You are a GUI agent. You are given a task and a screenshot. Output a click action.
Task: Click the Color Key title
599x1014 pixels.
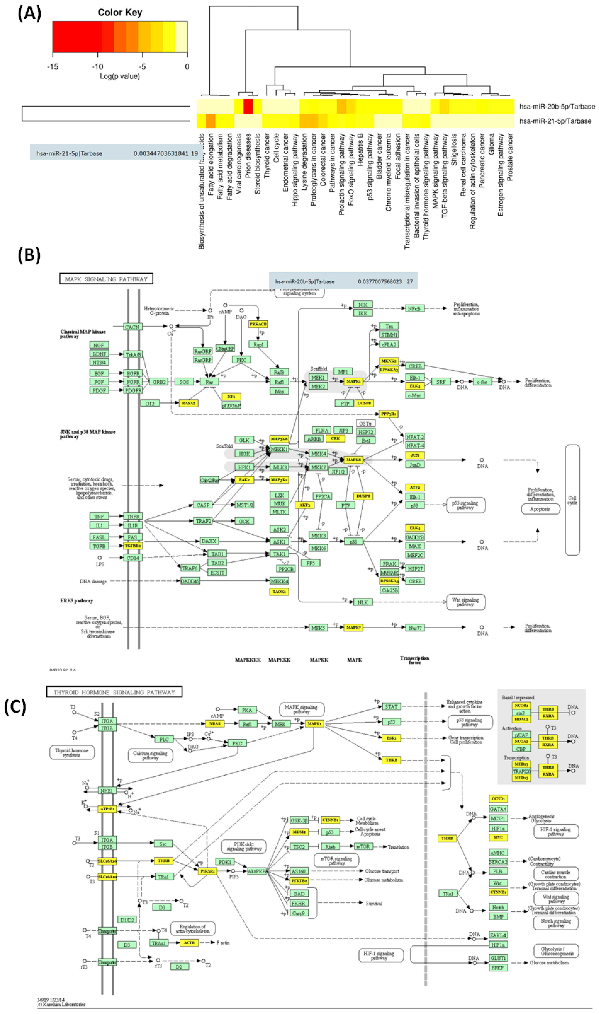120,13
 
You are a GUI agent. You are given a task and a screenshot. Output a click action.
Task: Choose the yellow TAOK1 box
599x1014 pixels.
279,592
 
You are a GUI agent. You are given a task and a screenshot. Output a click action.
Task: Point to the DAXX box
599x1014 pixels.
209,541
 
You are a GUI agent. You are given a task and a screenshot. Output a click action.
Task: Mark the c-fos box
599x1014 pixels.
482,382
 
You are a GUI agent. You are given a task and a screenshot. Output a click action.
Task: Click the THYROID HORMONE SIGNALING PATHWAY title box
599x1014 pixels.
114,692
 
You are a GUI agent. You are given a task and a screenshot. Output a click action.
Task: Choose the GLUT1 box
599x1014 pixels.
498,958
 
